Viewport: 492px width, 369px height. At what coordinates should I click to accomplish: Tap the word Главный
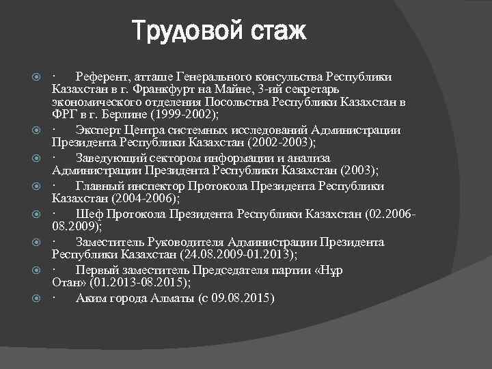pos(100,186)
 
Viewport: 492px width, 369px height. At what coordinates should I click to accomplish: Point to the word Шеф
pos(88,214)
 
